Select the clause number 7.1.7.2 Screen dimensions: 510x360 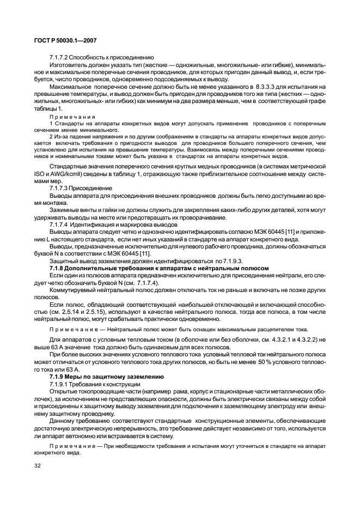point(60,58)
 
